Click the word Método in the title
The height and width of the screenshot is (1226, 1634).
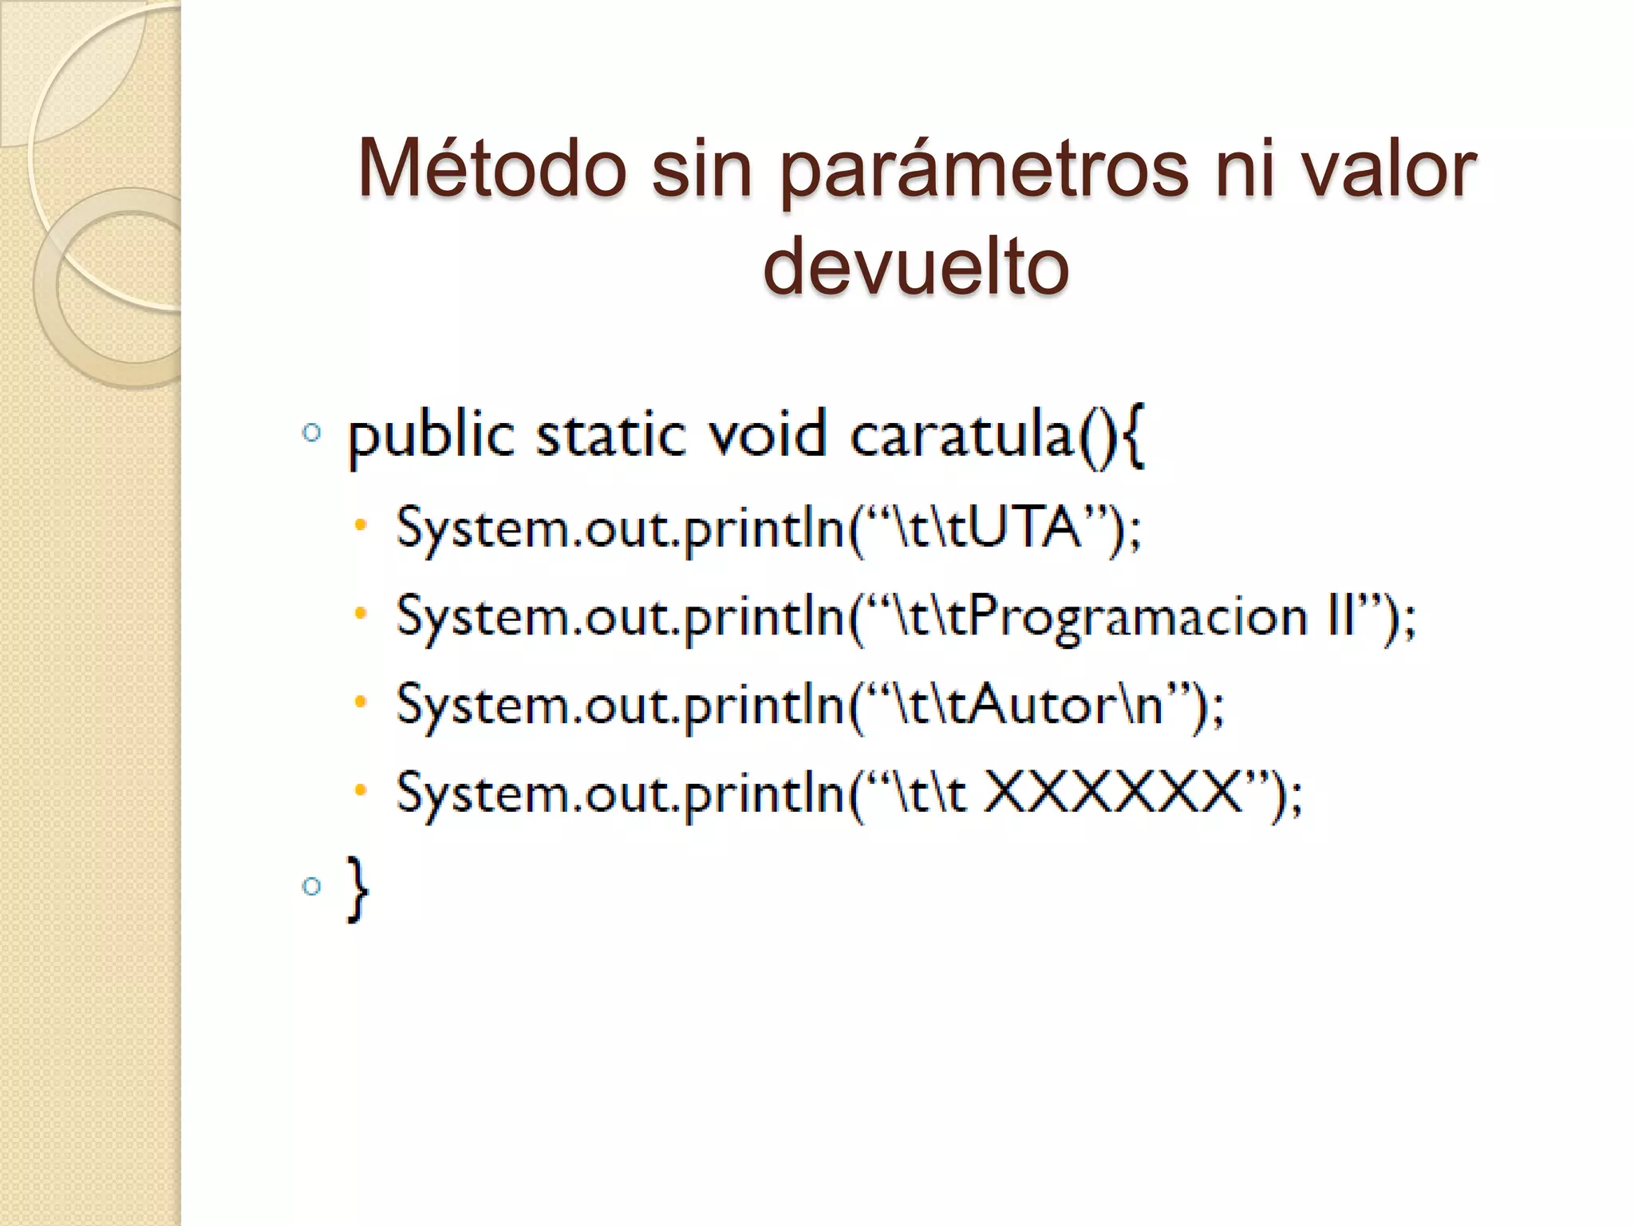(x=492, y=168)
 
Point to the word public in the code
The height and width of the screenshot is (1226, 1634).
(x=431, y=438)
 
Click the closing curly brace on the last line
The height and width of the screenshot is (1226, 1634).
(x=357, y=888)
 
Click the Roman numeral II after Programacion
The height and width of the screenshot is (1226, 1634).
(x=1341, y=616)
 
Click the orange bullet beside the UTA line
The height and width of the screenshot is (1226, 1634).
(x=361, y=525)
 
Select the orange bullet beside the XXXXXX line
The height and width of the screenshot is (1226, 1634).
(x=361, y=791)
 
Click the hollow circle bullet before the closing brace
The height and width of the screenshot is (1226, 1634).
(x=312, y=885)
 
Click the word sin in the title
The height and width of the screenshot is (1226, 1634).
(x=702, y=168)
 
